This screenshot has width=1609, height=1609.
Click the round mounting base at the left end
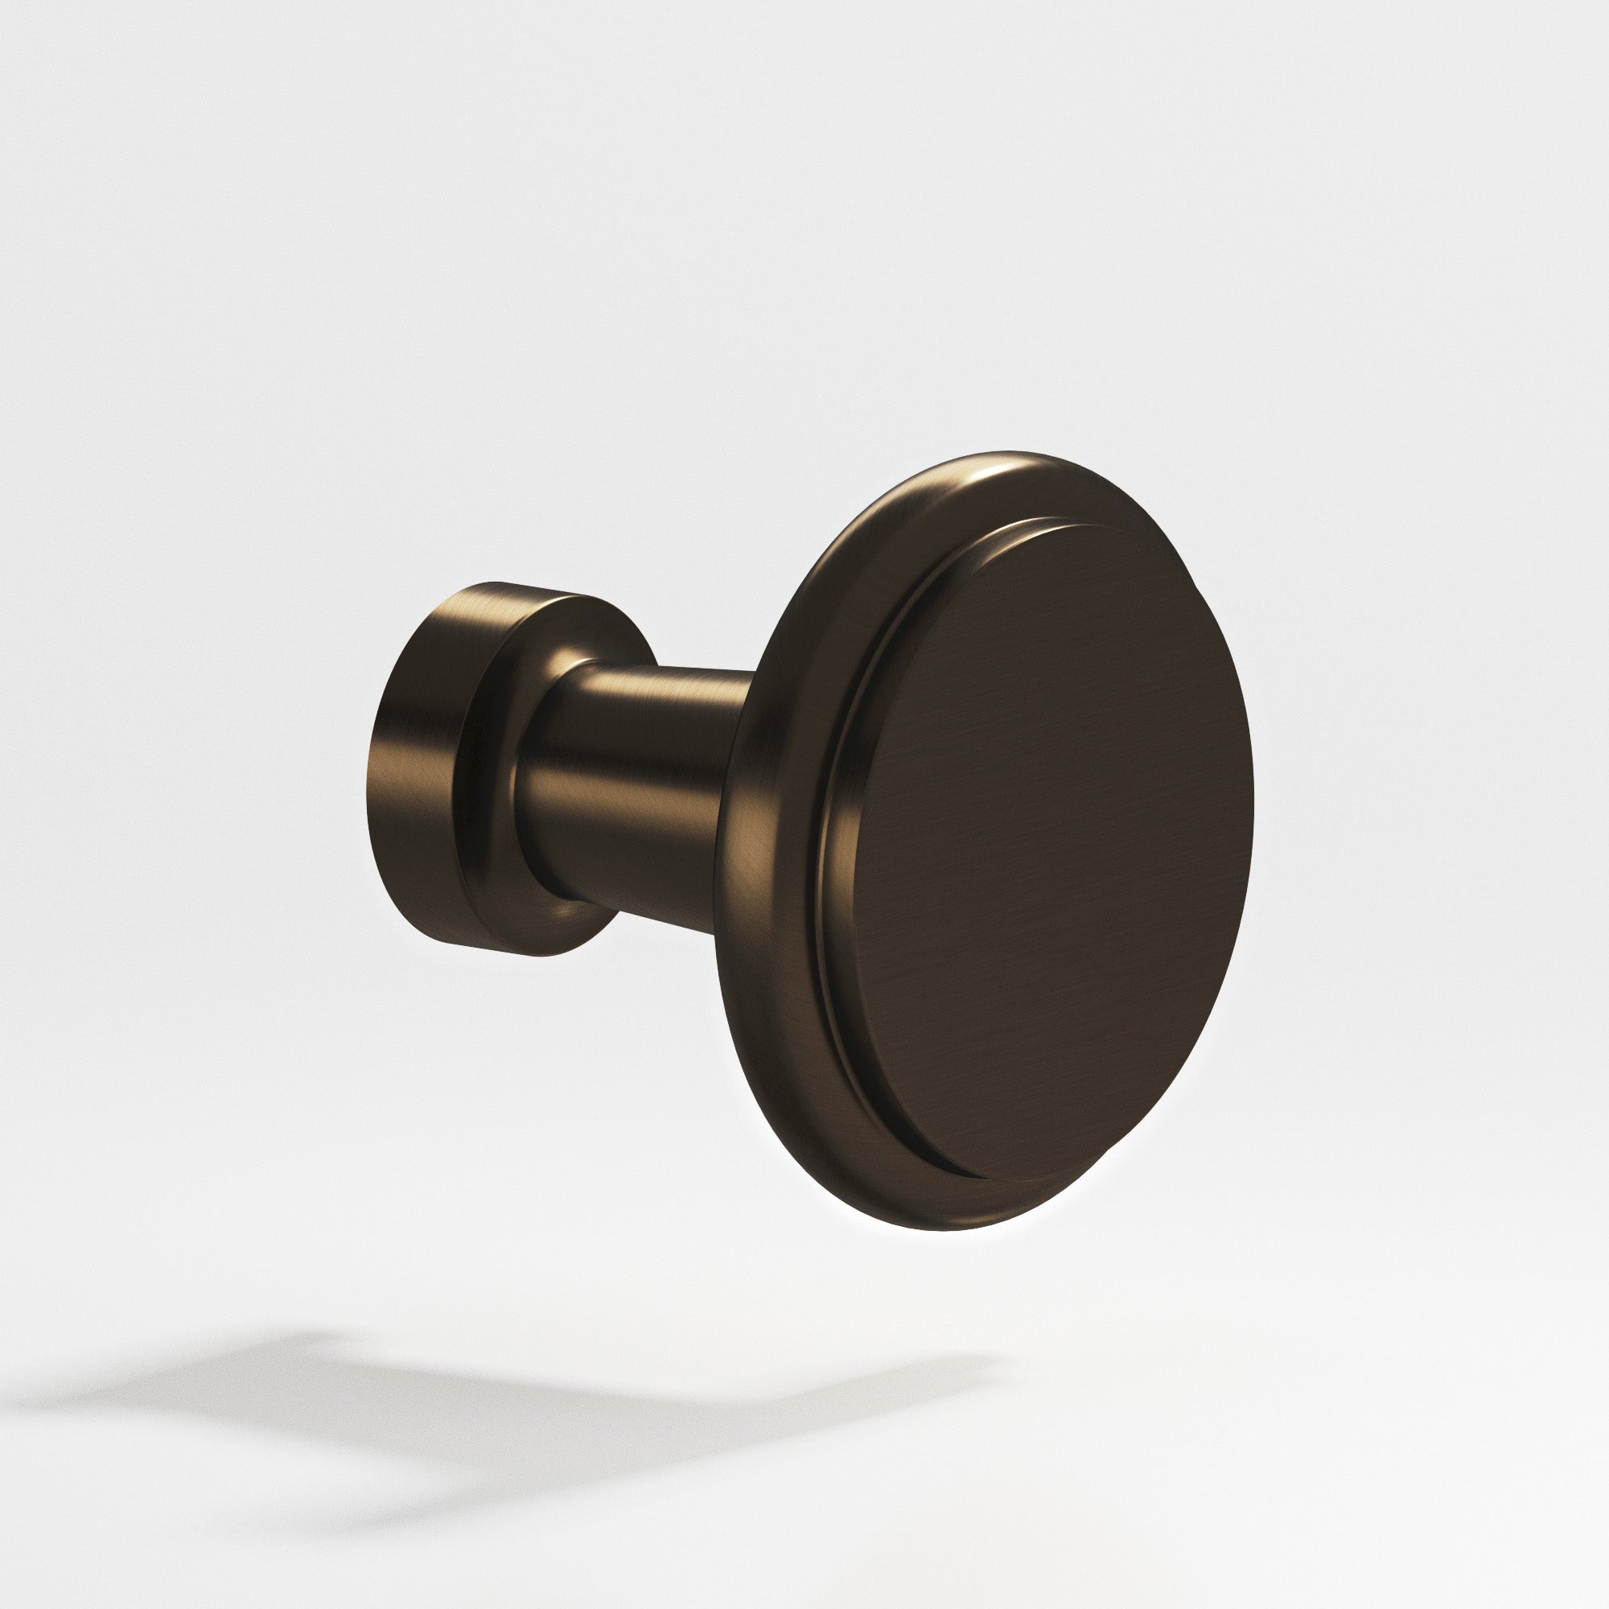[433, 766]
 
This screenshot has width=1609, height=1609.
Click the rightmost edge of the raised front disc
[1252, 800]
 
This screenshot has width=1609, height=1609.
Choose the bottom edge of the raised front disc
[991, 1180]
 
